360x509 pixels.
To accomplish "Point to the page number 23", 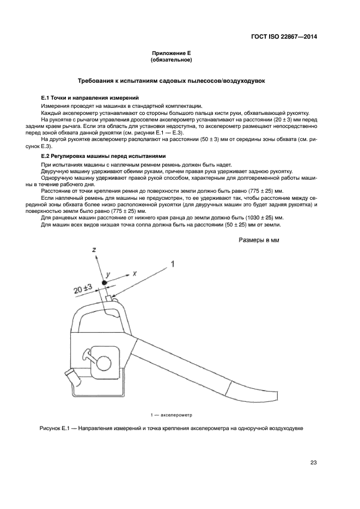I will coord(313,463).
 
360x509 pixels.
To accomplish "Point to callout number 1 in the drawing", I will coord(173,264).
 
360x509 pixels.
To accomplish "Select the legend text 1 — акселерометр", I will coord(172,414).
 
